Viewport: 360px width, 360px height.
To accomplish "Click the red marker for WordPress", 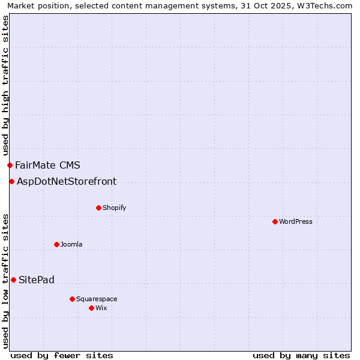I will [275, 221].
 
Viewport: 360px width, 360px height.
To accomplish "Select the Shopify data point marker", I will [98, 208].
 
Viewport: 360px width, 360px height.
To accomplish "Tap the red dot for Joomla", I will [56, 244].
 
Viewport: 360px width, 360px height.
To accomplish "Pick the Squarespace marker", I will [72, 299].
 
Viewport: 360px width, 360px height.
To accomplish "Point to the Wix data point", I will [91, 308].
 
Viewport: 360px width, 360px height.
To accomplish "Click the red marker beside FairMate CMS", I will [10, 165].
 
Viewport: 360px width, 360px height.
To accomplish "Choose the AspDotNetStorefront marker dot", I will [11, 181].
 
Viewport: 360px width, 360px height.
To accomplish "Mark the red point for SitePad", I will [13, 280].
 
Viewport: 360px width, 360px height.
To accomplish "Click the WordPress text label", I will [296, 221].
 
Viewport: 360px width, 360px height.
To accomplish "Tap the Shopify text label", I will [115, 208].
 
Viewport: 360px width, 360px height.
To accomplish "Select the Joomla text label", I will [71, 244].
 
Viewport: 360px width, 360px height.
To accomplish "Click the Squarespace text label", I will [97, 299].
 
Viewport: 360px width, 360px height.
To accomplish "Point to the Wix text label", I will [101, 308].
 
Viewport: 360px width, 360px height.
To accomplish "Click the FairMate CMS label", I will [47, 165].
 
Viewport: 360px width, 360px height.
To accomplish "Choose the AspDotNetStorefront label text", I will [67, 181].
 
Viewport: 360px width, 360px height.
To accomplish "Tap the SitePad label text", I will [37, 280].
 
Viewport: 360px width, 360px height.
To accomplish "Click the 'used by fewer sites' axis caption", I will [62, 355].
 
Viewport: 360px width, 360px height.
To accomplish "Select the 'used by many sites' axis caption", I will [301, 355].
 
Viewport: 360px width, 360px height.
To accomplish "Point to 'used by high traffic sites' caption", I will [5, 85].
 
